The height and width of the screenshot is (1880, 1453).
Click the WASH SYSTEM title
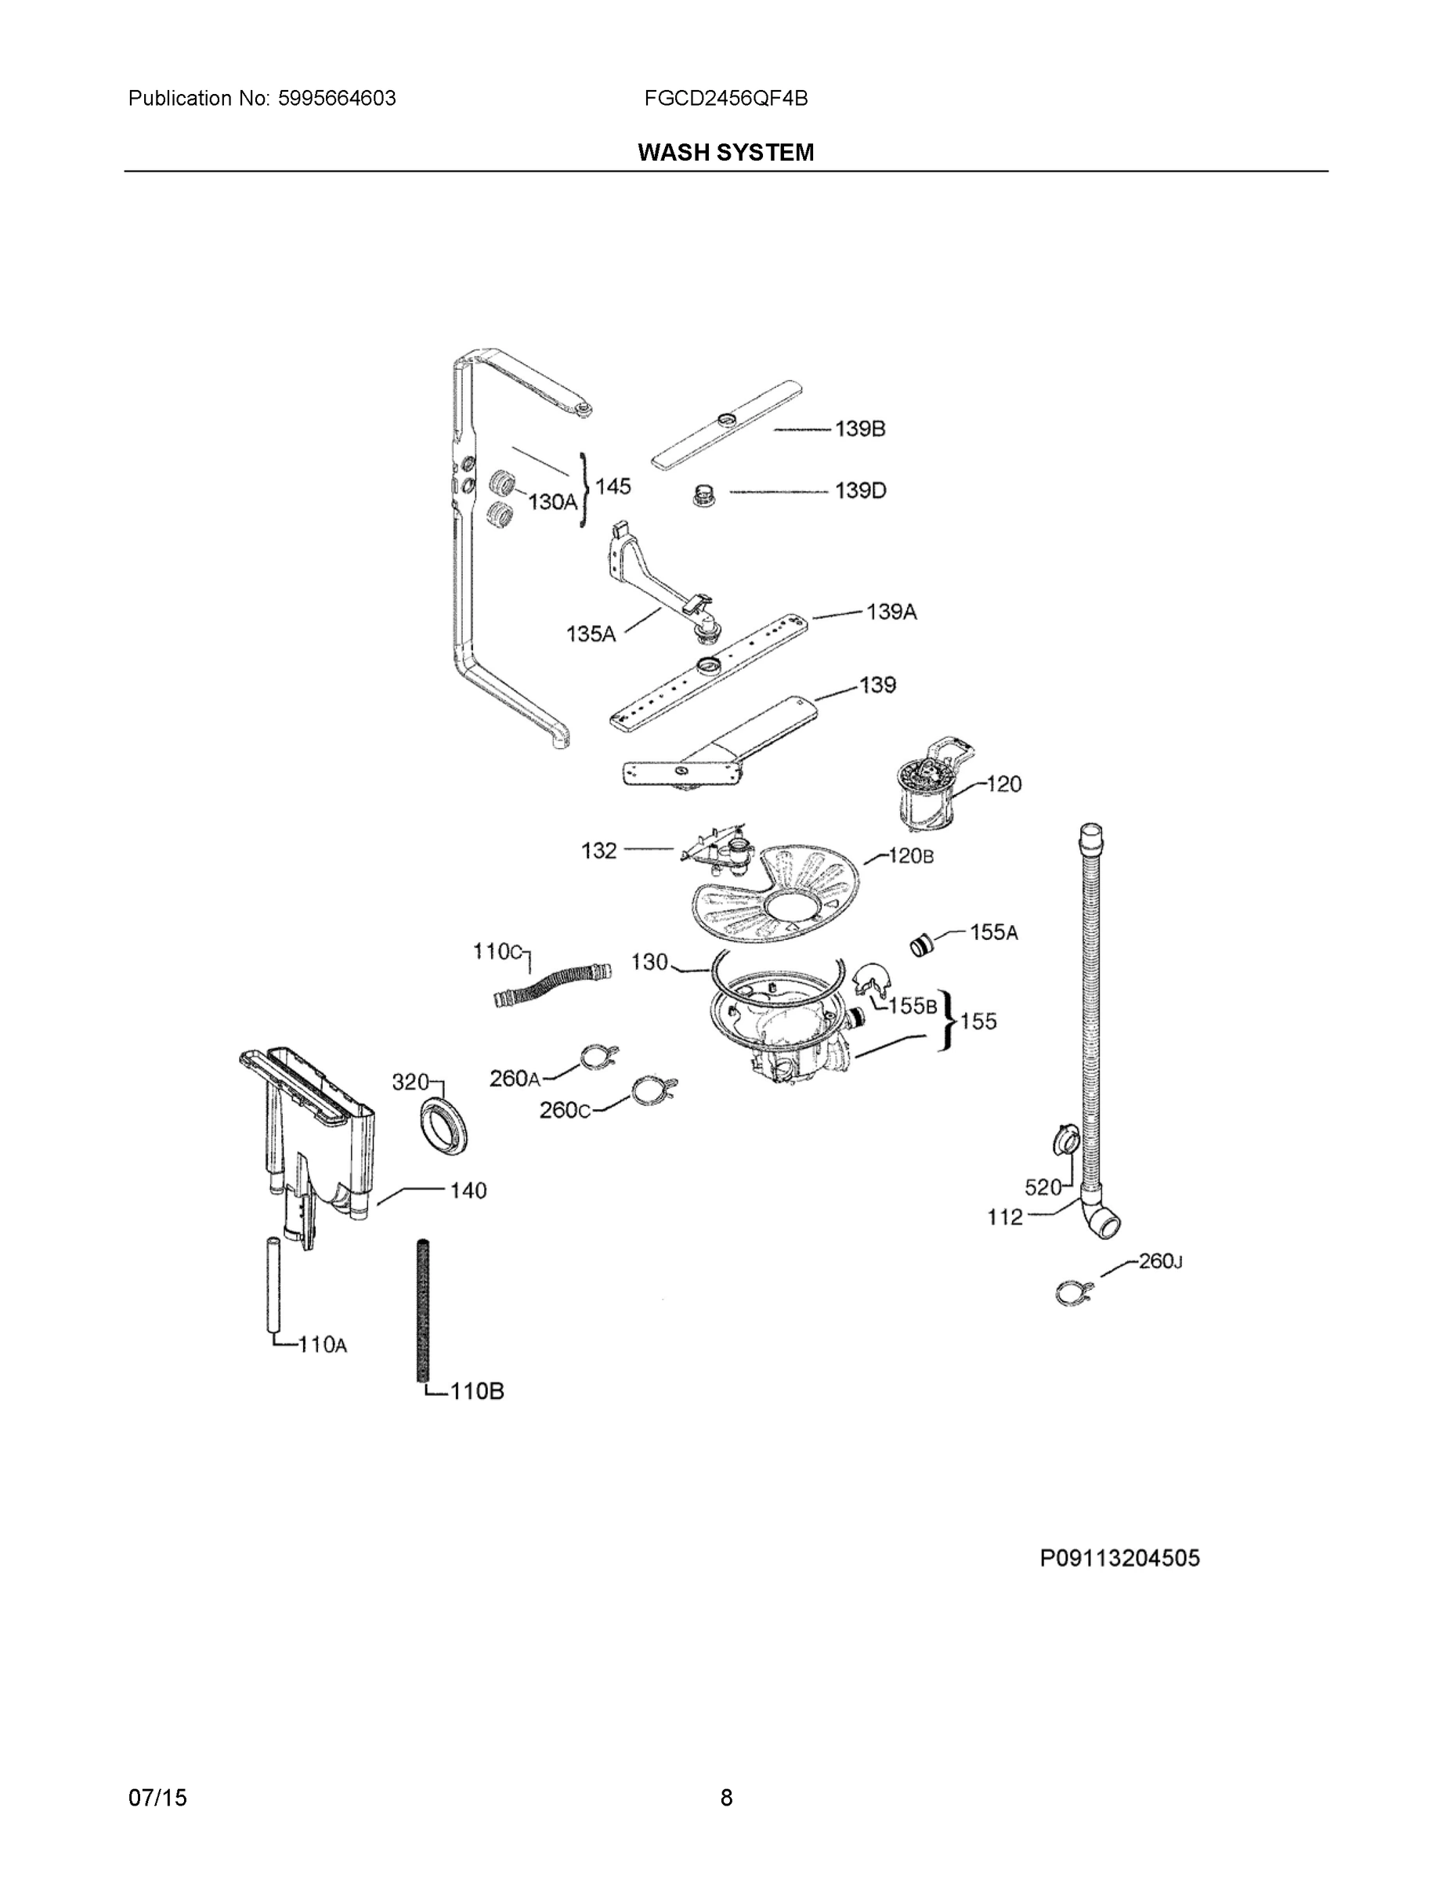[x=725, y=153]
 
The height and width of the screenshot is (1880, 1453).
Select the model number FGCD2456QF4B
[x=725, y=98]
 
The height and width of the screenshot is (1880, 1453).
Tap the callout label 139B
[x=860, y=428]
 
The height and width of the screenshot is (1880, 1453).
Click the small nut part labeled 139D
[x=704, y=497]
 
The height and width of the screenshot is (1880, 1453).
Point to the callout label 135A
[x=591, y=634]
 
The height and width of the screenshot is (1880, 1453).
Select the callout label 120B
[x=911, y=855]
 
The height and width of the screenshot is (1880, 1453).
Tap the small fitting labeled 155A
[x=923, y=945]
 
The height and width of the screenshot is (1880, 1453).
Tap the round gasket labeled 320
[x=446, y=1126]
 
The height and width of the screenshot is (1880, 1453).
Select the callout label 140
[x=468, y=1191]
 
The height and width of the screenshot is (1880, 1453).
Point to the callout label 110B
[x=477, y=1390]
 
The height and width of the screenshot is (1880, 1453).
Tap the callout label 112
[x=1004, y=1217]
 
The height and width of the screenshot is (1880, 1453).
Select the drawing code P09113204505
[x=1119, y=1558]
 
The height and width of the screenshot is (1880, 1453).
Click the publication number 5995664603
[x=337, y=98]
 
